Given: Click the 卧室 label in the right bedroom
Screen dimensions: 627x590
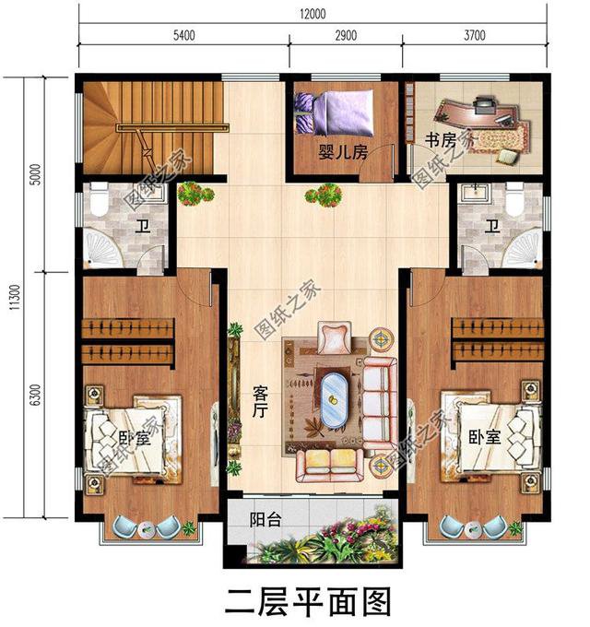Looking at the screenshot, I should pyautogui.click(x=484, y=437).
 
